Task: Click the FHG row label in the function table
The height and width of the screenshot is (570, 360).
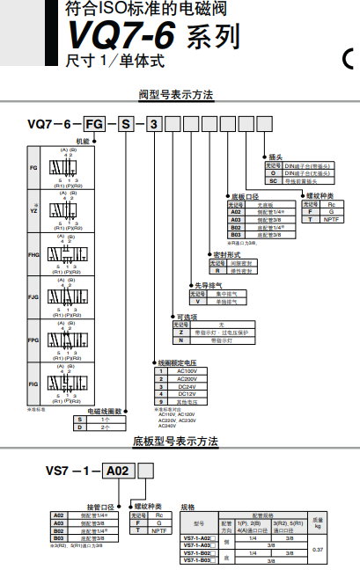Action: (x=33, y=254)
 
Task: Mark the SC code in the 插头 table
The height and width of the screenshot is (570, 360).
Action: (x=273, y=179)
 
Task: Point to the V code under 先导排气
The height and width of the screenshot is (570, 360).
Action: (x=199, y=301)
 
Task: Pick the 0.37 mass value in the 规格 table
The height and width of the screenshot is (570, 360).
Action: (x=318, y=549)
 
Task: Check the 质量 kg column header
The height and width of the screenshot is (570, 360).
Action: (x=318, y=522)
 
